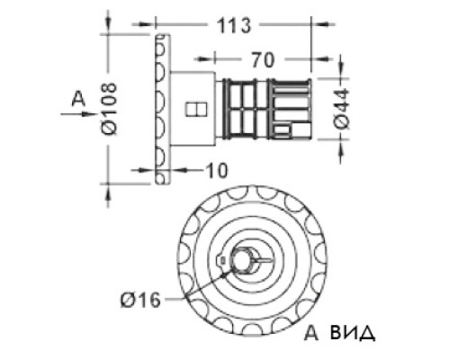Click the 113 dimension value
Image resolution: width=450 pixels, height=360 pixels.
(x=233, y=25)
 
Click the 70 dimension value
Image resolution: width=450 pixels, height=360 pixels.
(x=263, y=59)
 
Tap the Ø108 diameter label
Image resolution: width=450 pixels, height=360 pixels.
(x=109, y=109)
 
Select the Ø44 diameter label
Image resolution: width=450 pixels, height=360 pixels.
(x=342, y=109)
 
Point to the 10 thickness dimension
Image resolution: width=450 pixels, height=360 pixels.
(x=217, y=171)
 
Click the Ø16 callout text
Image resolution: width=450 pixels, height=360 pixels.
(x=140, y=300)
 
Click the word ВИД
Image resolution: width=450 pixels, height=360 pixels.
(x=353, y=333)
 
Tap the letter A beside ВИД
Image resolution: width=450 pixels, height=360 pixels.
(x=311, y=332)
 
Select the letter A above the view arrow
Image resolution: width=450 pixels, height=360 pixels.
(x=78, y=99)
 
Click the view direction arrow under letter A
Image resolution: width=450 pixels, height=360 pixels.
(x=77, y=114)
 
